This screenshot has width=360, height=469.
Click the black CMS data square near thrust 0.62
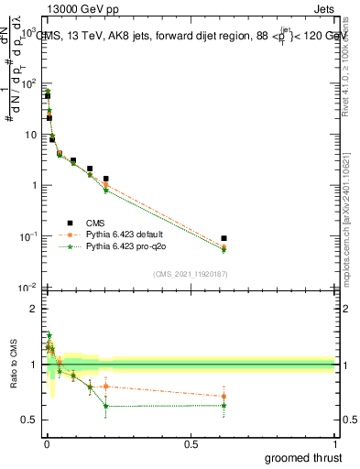tap(224, 238)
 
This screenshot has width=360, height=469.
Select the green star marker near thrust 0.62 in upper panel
tap(224, 249)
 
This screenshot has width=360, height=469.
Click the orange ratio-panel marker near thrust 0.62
tap(224, 397)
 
